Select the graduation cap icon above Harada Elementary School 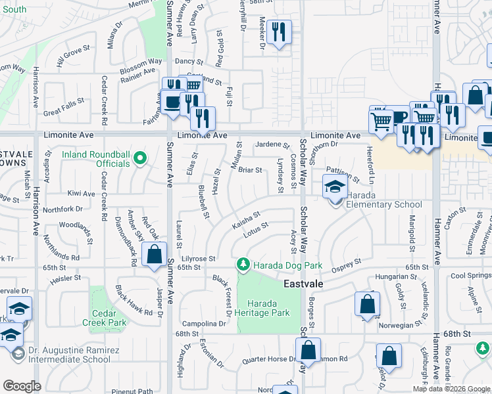[335, 186]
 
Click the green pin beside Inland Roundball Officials [139, 158]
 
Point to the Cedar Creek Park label [105, 318]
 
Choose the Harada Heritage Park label [268, 308]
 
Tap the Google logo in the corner [22, 386]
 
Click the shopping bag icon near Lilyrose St [154, 255]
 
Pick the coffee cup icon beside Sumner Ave [172, 102]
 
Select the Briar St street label [250, 170]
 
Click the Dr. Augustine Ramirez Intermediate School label [61, 355]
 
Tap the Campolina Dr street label [204, 324]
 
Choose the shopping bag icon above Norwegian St [367, 304]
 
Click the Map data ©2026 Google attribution [451, 389]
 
